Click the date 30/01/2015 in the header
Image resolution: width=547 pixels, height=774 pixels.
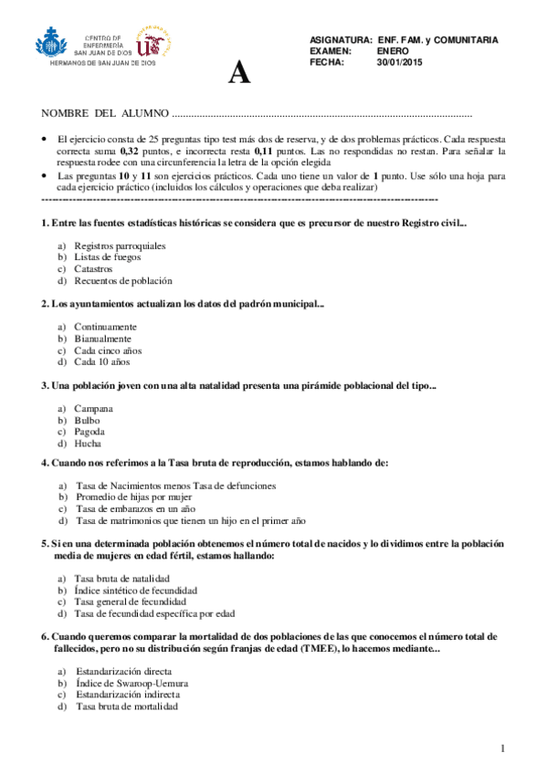coord(400,63)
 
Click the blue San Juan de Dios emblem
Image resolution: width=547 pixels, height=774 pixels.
coord(52,42)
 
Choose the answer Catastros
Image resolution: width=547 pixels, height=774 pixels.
coord(93,269)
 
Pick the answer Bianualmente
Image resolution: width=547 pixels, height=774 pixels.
coord(102,339)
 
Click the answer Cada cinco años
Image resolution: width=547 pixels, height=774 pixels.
coord(108,350)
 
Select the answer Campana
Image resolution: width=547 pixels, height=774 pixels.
coord(93,408)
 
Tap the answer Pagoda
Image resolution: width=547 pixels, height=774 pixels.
coord(89,431)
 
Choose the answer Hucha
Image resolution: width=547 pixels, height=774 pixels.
coord(88,443)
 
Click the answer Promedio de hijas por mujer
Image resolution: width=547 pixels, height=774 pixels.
coord(132,497)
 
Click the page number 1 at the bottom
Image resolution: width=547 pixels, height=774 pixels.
coord(503,748)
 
